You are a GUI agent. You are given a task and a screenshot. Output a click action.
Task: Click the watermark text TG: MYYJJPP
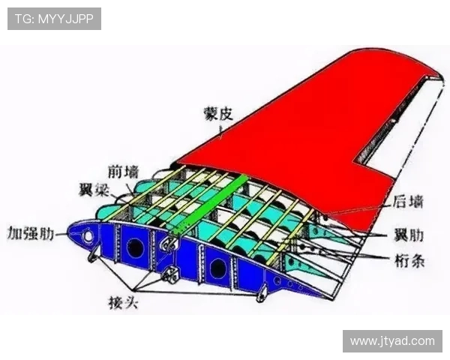[x=54, y=19]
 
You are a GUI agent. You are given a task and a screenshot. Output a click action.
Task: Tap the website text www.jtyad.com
[x=392, y=340]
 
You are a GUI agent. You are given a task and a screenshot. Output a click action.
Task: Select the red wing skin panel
[x=300, y=127]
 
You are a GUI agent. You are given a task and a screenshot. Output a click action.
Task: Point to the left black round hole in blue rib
[x=136, y=248]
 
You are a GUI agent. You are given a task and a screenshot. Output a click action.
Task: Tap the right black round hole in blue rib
[x=217, y=266]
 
